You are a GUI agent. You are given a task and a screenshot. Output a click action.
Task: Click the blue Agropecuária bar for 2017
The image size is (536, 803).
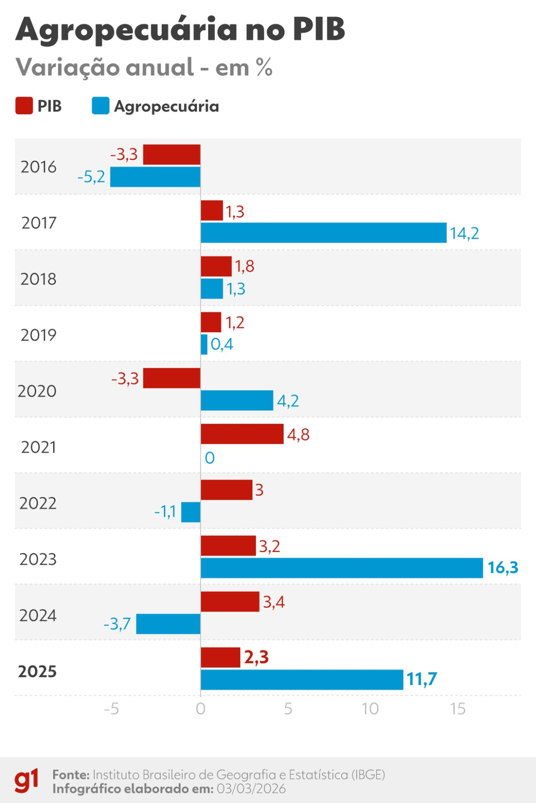point(323,233)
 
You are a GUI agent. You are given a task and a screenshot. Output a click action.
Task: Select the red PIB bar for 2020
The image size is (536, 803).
point(172,378)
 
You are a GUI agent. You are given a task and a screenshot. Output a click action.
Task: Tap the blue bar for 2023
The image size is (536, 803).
point(342,568)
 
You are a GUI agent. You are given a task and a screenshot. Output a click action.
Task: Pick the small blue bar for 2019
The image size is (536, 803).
point(204,344)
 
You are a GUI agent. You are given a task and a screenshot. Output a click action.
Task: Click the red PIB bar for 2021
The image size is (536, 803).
point(242,434)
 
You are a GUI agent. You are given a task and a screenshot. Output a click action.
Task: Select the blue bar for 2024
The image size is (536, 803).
point(168,624)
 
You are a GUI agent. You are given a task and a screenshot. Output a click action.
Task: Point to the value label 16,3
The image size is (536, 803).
point(503,568)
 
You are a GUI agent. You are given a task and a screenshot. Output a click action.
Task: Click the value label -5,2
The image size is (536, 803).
point(91,177)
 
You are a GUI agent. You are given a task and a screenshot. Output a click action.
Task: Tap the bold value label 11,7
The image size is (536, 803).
point(421,679)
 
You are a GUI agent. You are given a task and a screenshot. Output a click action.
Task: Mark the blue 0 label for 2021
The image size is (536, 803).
point(209,458)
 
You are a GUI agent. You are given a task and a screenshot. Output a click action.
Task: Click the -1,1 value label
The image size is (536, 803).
point(165,512)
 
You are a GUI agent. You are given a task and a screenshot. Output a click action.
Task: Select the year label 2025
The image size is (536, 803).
point(38,672)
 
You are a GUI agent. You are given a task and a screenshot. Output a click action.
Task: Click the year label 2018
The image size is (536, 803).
point(38,279)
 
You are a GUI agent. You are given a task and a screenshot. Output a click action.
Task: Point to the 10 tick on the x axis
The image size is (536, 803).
point(370,709)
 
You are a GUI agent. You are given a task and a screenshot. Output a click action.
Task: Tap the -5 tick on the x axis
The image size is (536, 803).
point(111,709)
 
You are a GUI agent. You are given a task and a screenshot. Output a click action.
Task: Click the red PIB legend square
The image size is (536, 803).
point(24,106)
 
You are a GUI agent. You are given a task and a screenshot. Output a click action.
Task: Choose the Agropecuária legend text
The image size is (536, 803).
point(166,106)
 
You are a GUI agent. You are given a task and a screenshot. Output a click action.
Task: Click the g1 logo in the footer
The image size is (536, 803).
point(27,781)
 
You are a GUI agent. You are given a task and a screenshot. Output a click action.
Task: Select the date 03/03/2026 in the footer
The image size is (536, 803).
point(251,789)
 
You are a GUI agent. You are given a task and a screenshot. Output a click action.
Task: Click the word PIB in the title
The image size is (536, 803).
point(318,29)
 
